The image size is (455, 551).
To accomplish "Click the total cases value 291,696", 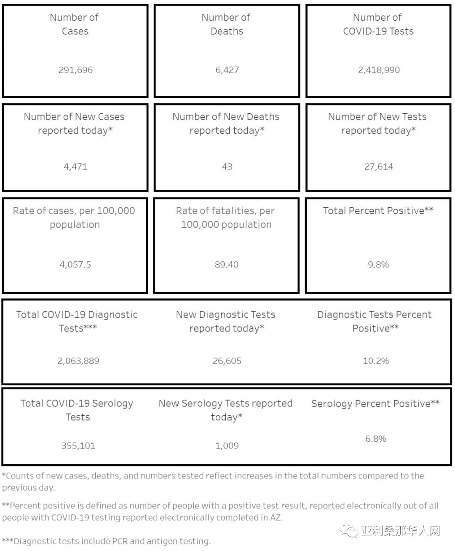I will [x=75, y=70].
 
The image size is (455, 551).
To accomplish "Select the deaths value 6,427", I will [x=227, y=70].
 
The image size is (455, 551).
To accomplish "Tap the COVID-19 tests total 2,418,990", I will [x=379, y=70].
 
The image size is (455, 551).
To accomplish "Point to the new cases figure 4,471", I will [x=75, y=167].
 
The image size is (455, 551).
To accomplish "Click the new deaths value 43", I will [x=227, y=167].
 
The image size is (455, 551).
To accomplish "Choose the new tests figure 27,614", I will [x=379, y=167].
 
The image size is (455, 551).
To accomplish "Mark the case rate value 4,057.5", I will [x=75, y=265].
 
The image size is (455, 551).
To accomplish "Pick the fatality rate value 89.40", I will [x=227, y=265].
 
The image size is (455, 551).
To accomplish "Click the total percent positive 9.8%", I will [x=378, y=265].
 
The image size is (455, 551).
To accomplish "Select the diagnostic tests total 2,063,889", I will [x=78, y=361].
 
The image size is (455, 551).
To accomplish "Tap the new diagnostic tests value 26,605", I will [x=227, y=361].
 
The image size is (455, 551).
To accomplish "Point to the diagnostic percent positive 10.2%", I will [x=376, y=361].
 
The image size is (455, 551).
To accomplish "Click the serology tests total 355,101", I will [x=78, y=446].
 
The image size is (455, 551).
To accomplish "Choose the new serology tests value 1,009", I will [x=227, y=446].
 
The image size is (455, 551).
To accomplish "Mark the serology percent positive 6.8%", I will [x=376, y=439].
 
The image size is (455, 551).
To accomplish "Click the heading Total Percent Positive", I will [x=378, y=211].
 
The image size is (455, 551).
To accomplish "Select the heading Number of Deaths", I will [x=226, y=24].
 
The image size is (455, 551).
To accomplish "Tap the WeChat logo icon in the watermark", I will [x=349, y=530].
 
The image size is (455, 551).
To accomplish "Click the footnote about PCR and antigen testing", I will [x=106, y=541].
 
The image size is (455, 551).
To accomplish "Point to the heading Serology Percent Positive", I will [x=375, y=404].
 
